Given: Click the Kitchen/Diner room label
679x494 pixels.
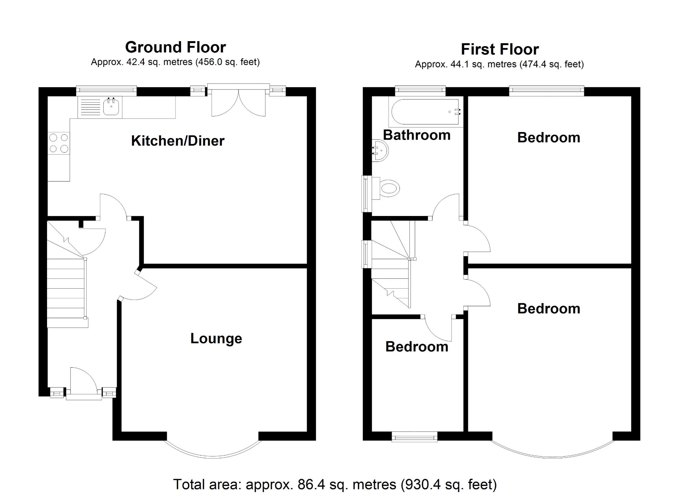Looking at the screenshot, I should click(178, 141).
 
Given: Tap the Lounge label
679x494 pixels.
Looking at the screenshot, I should click(216, 338).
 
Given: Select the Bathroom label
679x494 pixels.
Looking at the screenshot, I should click(417, 135).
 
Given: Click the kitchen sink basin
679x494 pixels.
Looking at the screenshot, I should click(111, 107).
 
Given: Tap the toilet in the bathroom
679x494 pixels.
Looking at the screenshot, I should click(389, 188).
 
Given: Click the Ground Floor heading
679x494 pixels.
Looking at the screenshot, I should click(175, 47).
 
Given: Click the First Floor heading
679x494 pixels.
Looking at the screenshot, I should click(500, 49).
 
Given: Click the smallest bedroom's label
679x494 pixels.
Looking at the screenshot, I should click(417, 347).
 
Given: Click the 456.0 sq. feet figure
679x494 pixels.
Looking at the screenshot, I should click(228, 62).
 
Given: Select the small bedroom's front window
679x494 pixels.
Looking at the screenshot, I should click(414, 437).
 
